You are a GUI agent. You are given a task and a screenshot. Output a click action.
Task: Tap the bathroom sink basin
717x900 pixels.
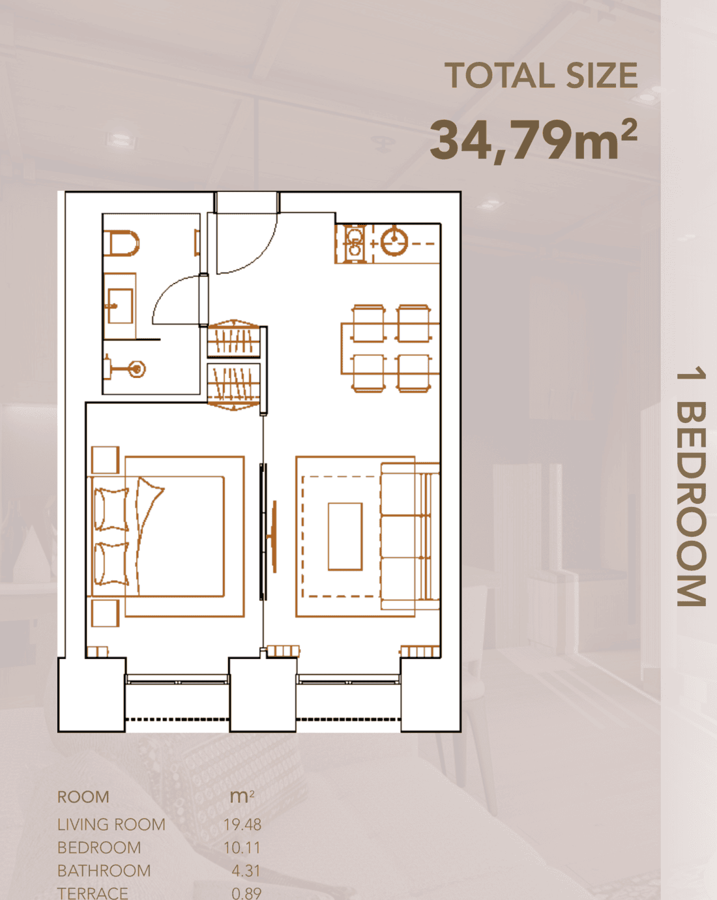120,306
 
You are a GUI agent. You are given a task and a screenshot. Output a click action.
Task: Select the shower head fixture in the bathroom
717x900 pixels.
136,369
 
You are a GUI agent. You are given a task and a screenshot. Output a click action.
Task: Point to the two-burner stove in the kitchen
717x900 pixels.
355,243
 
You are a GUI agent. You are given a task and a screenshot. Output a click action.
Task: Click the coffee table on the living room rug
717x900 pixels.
345,536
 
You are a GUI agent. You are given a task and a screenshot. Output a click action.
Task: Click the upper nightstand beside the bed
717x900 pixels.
106,459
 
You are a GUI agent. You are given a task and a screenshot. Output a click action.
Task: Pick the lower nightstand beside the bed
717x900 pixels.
106,613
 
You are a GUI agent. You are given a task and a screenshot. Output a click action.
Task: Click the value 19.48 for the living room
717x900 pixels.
242,824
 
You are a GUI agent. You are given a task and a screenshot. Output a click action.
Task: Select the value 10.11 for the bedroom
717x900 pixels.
242,848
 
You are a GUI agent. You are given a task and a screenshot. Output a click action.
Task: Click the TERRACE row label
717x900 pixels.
93,893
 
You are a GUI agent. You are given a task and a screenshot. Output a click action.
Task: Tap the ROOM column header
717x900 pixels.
83,797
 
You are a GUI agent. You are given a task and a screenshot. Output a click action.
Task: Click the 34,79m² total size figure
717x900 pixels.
534,139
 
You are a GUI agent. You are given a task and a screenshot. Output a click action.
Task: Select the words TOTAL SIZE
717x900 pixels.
541,76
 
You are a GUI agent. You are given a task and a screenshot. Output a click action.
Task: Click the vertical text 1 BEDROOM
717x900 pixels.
691,487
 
